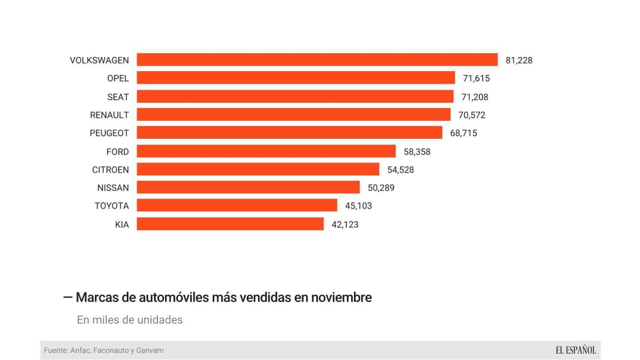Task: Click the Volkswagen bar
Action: coord(317,60)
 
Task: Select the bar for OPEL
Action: coord(296,78)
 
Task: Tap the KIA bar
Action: coord(230,224)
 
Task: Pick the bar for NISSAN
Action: coord(248,187)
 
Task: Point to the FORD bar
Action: coord(266,151)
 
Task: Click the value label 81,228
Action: coord(519,60)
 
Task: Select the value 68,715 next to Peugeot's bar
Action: coord(463,133)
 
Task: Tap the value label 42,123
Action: coord(345,225)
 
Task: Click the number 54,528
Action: coord(400,170)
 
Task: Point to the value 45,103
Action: coord(358,206)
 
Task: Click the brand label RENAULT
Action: coord(109,115)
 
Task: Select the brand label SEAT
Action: coord(118,97)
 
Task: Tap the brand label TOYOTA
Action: coord(111,206)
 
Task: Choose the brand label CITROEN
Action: coord(110,170)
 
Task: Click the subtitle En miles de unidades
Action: coord(130,320)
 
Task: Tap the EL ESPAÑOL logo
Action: coord(575,350)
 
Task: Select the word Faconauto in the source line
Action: coord(111,350)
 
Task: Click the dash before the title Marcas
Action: coord(68,297)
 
